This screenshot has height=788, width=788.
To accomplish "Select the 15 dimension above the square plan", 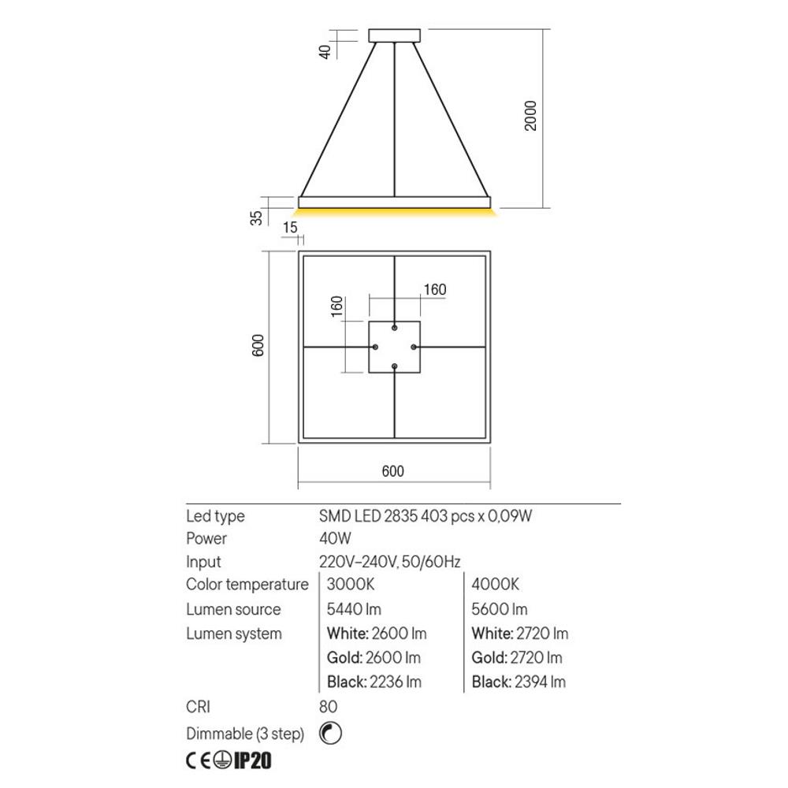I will (x=290, y=228).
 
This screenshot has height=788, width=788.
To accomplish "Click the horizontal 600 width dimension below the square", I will (x=392, y=471).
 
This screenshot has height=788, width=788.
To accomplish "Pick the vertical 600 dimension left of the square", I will (x=258, y=347).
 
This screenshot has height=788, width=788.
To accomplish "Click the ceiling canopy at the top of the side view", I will (x=395, y=35).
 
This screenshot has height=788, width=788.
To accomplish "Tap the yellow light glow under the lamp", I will (x=395, y=212).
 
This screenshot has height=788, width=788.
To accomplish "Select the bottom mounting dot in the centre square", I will (x=395, y=366).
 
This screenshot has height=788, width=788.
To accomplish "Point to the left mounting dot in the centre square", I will (x=376, y=348).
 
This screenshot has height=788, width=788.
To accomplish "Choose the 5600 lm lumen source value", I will (x=499, y=609).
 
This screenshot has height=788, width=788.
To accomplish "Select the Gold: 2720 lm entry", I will (x=516, y=658).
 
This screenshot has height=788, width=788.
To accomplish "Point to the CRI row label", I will (x=198, y=708).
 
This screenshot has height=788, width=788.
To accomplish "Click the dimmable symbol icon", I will (x=331, y=733).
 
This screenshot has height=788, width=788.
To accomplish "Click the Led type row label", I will (x=215, y=516).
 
